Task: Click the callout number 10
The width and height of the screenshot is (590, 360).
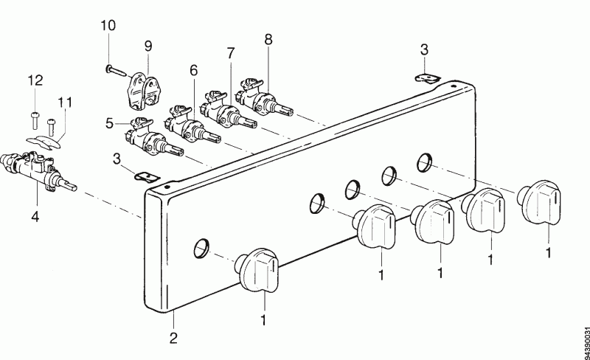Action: click(x=108, y=26)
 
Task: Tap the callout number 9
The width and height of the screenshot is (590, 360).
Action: click(x=148, y=46)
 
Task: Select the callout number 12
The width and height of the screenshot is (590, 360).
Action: click(x=35, y=80)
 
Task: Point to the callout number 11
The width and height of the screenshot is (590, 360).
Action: click(x=65, y=102)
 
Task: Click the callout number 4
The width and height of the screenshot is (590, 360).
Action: click(x=35, y=216)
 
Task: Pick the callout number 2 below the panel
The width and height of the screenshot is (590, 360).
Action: click(x=173, y=338)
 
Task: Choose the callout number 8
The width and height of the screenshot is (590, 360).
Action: click(x=268, y=39)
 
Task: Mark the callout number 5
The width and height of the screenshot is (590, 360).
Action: click(x=109, y=123)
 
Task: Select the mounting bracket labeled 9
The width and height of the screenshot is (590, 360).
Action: click(x=143, y=91)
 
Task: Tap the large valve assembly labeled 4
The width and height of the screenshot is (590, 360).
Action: click(x=38, y=170)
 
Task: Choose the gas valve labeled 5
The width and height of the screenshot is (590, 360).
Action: click(x=153, y=138)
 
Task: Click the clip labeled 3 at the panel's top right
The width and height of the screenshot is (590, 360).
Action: click(x=428, y=78)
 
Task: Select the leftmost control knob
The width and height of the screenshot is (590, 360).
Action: click(x=257, y=269)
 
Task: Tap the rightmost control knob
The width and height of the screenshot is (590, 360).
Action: click(x=539, y=203)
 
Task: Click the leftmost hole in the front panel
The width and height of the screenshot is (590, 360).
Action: click(x=201, y=248)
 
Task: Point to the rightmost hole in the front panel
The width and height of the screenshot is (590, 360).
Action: click(x=425, y=163)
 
